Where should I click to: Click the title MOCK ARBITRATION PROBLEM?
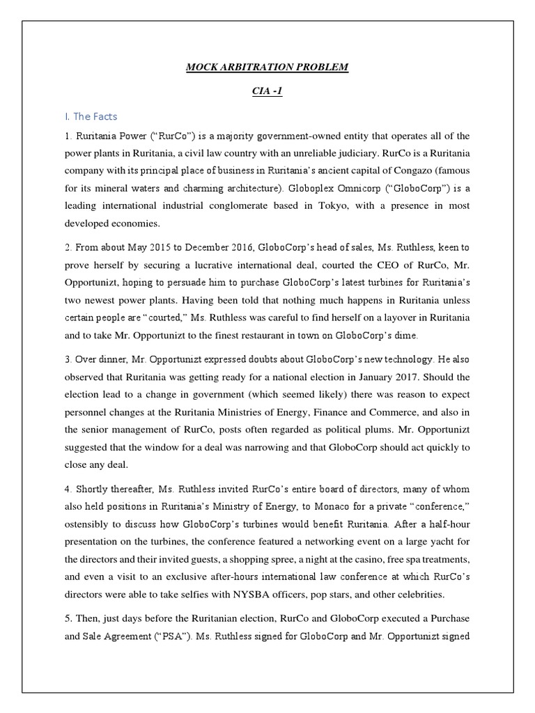tap(267, 67)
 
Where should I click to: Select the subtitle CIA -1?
tap(267, 92)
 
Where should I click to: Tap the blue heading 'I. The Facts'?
tap(92, 116)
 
